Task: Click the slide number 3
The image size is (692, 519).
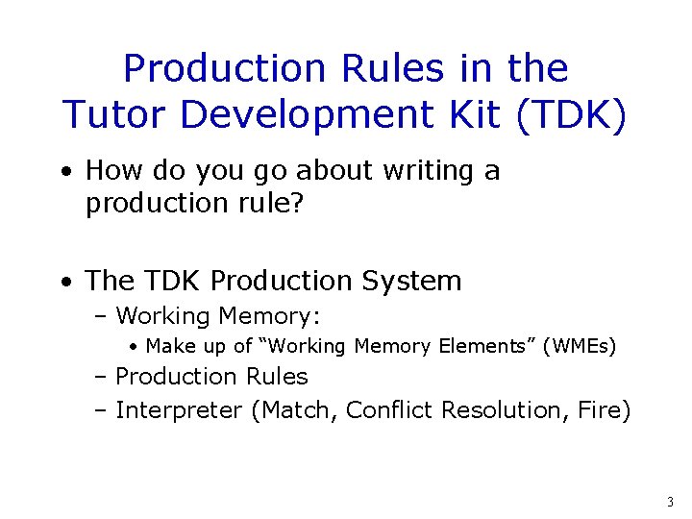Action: [670, 501]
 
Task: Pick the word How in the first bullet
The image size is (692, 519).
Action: [111, 171]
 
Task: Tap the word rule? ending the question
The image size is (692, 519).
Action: [273, 204]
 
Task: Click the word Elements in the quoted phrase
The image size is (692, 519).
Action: [491, 346]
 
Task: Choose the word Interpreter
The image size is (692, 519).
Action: [179, 410]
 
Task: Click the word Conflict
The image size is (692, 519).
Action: [389, 410]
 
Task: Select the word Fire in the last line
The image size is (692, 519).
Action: [605, 410]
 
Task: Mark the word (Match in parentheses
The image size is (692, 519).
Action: [293, 410]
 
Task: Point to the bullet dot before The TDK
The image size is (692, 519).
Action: [65, 283]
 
